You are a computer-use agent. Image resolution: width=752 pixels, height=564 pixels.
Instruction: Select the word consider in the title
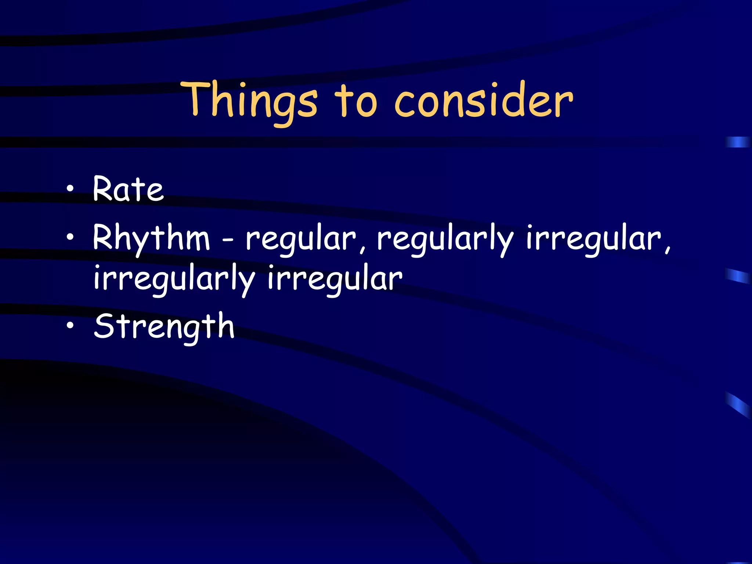pos(483,101)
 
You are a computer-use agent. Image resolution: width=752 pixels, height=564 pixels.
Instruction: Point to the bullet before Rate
pos(70,189)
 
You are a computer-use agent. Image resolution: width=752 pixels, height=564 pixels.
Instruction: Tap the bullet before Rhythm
pos(70,237)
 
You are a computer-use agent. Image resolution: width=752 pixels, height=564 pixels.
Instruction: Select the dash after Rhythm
pos(228,241)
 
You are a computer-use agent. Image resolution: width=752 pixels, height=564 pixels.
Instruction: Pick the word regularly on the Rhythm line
pos(445,239)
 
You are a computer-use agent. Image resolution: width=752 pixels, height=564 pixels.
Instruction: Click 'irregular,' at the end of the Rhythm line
pos(598,239)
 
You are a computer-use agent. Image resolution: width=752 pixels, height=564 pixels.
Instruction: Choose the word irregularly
pos(174,279)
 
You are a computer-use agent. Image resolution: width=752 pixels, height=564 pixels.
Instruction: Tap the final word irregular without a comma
pos(335,279)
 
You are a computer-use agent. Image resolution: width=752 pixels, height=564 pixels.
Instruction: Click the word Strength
pos(164,326)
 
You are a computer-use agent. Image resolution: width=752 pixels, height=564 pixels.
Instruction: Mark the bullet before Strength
pos(70,325)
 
